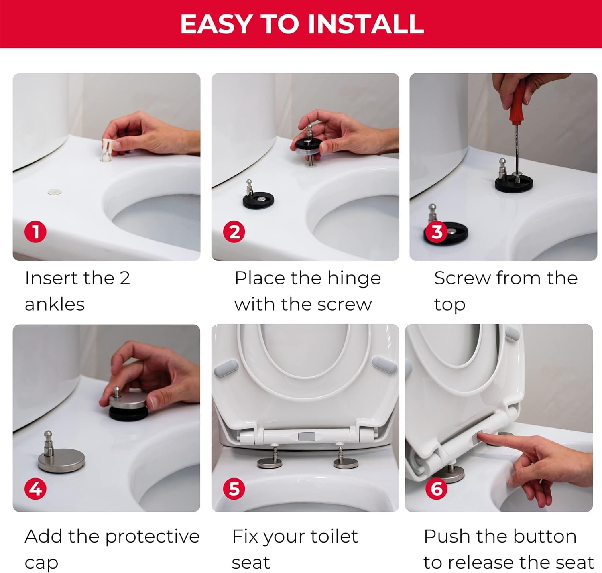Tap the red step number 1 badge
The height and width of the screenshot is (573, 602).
coord(36,232)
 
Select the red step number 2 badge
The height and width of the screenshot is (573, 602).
coord(234,232)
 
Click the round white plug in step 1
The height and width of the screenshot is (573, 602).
coord(55,192)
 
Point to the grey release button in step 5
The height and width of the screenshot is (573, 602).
coord(306,437)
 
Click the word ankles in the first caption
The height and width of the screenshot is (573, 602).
coord(55,305)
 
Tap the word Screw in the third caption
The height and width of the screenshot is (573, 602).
coord(462,278)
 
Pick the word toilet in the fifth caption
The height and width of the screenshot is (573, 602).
coord(334,536)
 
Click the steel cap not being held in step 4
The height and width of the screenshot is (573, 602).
coord(61,456)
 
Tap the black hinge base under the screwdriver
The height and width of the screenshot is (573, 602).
coord(514,183)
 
